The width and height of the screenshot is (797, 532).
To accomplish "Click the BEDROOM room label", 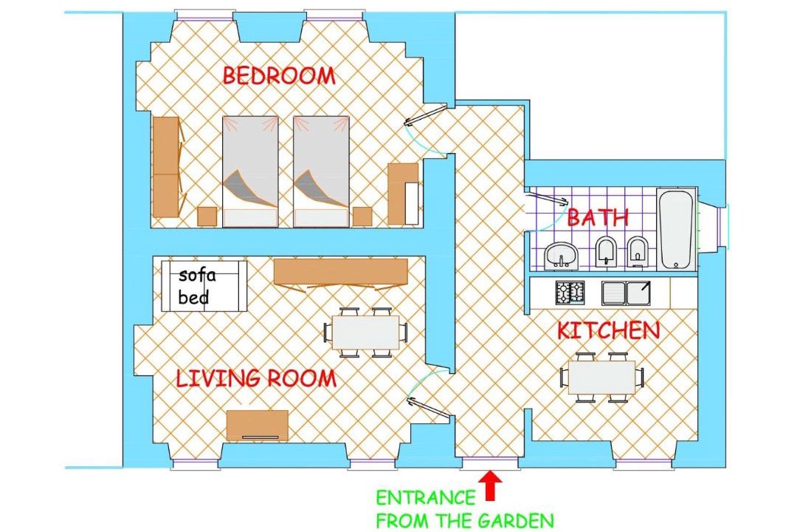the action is pos(279,76).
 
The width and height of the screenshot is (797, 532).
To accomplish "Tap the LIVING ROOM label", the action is pos(256,378).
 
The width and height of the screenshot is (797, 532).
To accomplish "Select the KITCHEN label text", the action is pos(608,331).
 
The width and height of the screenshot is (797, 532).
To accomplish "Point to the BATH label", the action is pos(598,217).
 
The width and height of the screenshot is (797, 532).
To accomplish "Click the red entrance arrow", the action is pos(491,485).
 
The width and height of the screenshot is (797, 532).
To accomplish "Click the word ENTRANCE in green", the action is pos(426,497).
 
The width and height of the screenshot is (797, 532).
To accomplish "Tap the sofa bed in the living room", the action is pos(204,286).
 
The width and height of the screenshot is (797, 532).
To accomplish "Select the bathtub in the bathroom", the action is pos(676,229).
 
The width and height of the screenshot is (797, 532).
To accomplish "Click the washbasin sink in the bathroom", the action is pos(561,255).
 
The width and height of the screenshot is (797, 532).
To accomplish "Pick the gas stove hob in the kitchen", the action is pos(570,293).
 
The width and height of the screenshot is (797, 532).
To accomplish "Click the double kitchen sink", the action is pos(626,293).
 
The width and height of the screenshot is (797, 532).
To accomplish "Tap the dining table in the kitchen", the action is pos(602,378).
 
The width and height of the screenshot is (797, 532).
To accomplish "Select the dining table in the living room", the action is pos(365,332).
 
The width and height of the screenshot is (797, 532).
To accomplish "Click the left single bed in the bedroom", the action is pos(250,171).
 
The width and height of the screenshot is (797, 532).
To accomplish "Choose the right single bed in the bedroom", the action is pos(321,171).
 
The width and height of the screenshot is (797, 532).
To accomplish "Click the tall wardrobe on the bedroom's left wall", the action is pos(167,167).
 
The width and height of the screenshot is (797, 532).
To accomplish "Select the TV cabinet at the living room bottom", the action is pos(258,425).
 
